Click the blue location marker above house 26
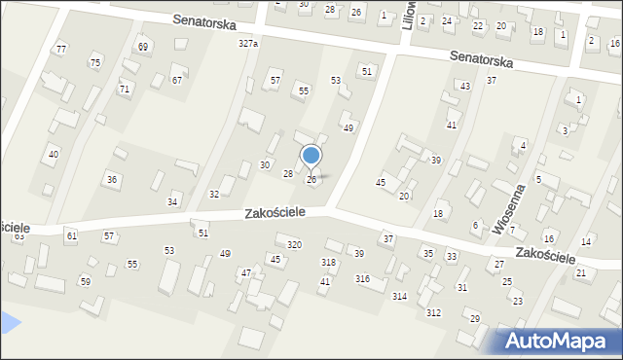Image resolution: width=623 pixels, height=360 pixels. point(311,156)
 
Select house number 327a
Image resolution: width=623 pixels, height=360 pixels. point(248,44)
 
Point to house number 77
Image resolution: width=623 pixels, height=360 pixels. point(61,50)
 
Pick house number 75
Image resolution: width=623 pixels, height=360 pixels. point(94,63)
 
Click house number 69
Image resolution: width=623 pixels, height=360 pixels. point(143,47)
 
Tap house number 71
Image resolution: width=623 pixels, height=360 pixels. point(125,90)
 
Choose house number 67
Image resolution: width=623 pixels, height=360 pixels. point(177,81)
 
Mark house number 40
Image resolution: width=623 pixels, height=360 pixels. point(54,155)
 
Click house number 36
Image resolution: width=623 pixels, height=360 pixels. point(112,180)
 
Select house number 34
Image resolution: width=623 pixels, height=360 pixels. point(172,202)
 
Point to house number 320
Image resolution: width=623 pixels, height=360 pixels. point(294,244)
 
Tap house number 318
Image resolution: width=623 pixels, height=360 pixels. point(328,263)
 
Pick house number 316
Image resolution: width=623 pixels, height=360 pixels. point(362,279)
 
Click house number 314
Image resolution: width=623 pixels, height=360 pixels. point(399,296)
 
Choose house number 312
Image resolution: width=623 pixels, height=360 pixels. point(433,312)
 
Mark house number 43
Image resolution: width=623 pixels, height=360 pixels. point(465,87)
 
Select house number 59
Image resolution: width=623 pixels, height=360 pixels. point(85,282)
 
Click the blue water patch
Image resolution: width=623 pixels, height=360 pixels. point(8,321)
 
